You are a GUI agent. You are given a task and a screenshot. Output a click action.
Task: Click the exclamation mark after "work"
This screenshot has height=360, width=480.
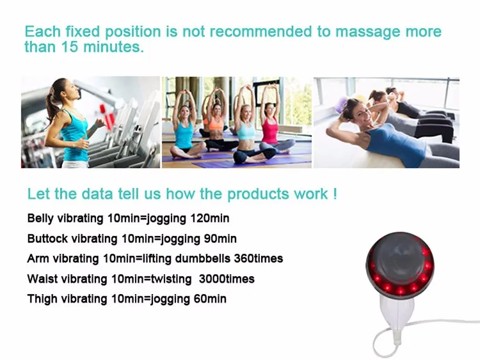click(333, 194)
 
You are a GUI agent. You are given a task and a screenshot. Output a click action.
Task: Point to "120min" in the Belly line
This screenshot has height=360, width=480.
click(209, 219)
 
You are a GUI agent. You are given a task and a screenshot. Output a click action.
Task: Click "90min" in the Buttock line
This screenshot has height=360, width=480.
click(220, 239)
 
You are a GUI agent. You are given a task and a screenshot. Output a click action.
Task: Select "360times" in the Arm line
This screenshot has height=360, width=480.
click(256, 258)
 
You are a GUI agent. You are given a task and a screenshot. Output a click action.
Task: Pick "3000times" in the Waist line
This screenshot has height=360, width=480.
click(227, 279)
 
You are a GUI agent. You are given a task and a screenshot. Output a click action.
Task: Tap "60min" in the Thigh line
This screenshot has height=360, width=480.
click(209, 299)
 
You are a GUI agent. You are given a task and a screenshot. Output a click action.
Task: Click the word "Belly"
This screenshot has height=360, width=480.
click(41, 219)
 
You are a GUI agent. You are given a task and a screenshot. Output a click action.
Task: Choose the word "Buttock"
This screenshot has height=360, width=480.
click(47, 239)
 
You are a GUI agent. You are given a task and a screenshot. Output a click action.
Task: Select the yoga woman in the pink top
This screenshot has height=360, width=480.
click(269, 128)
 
